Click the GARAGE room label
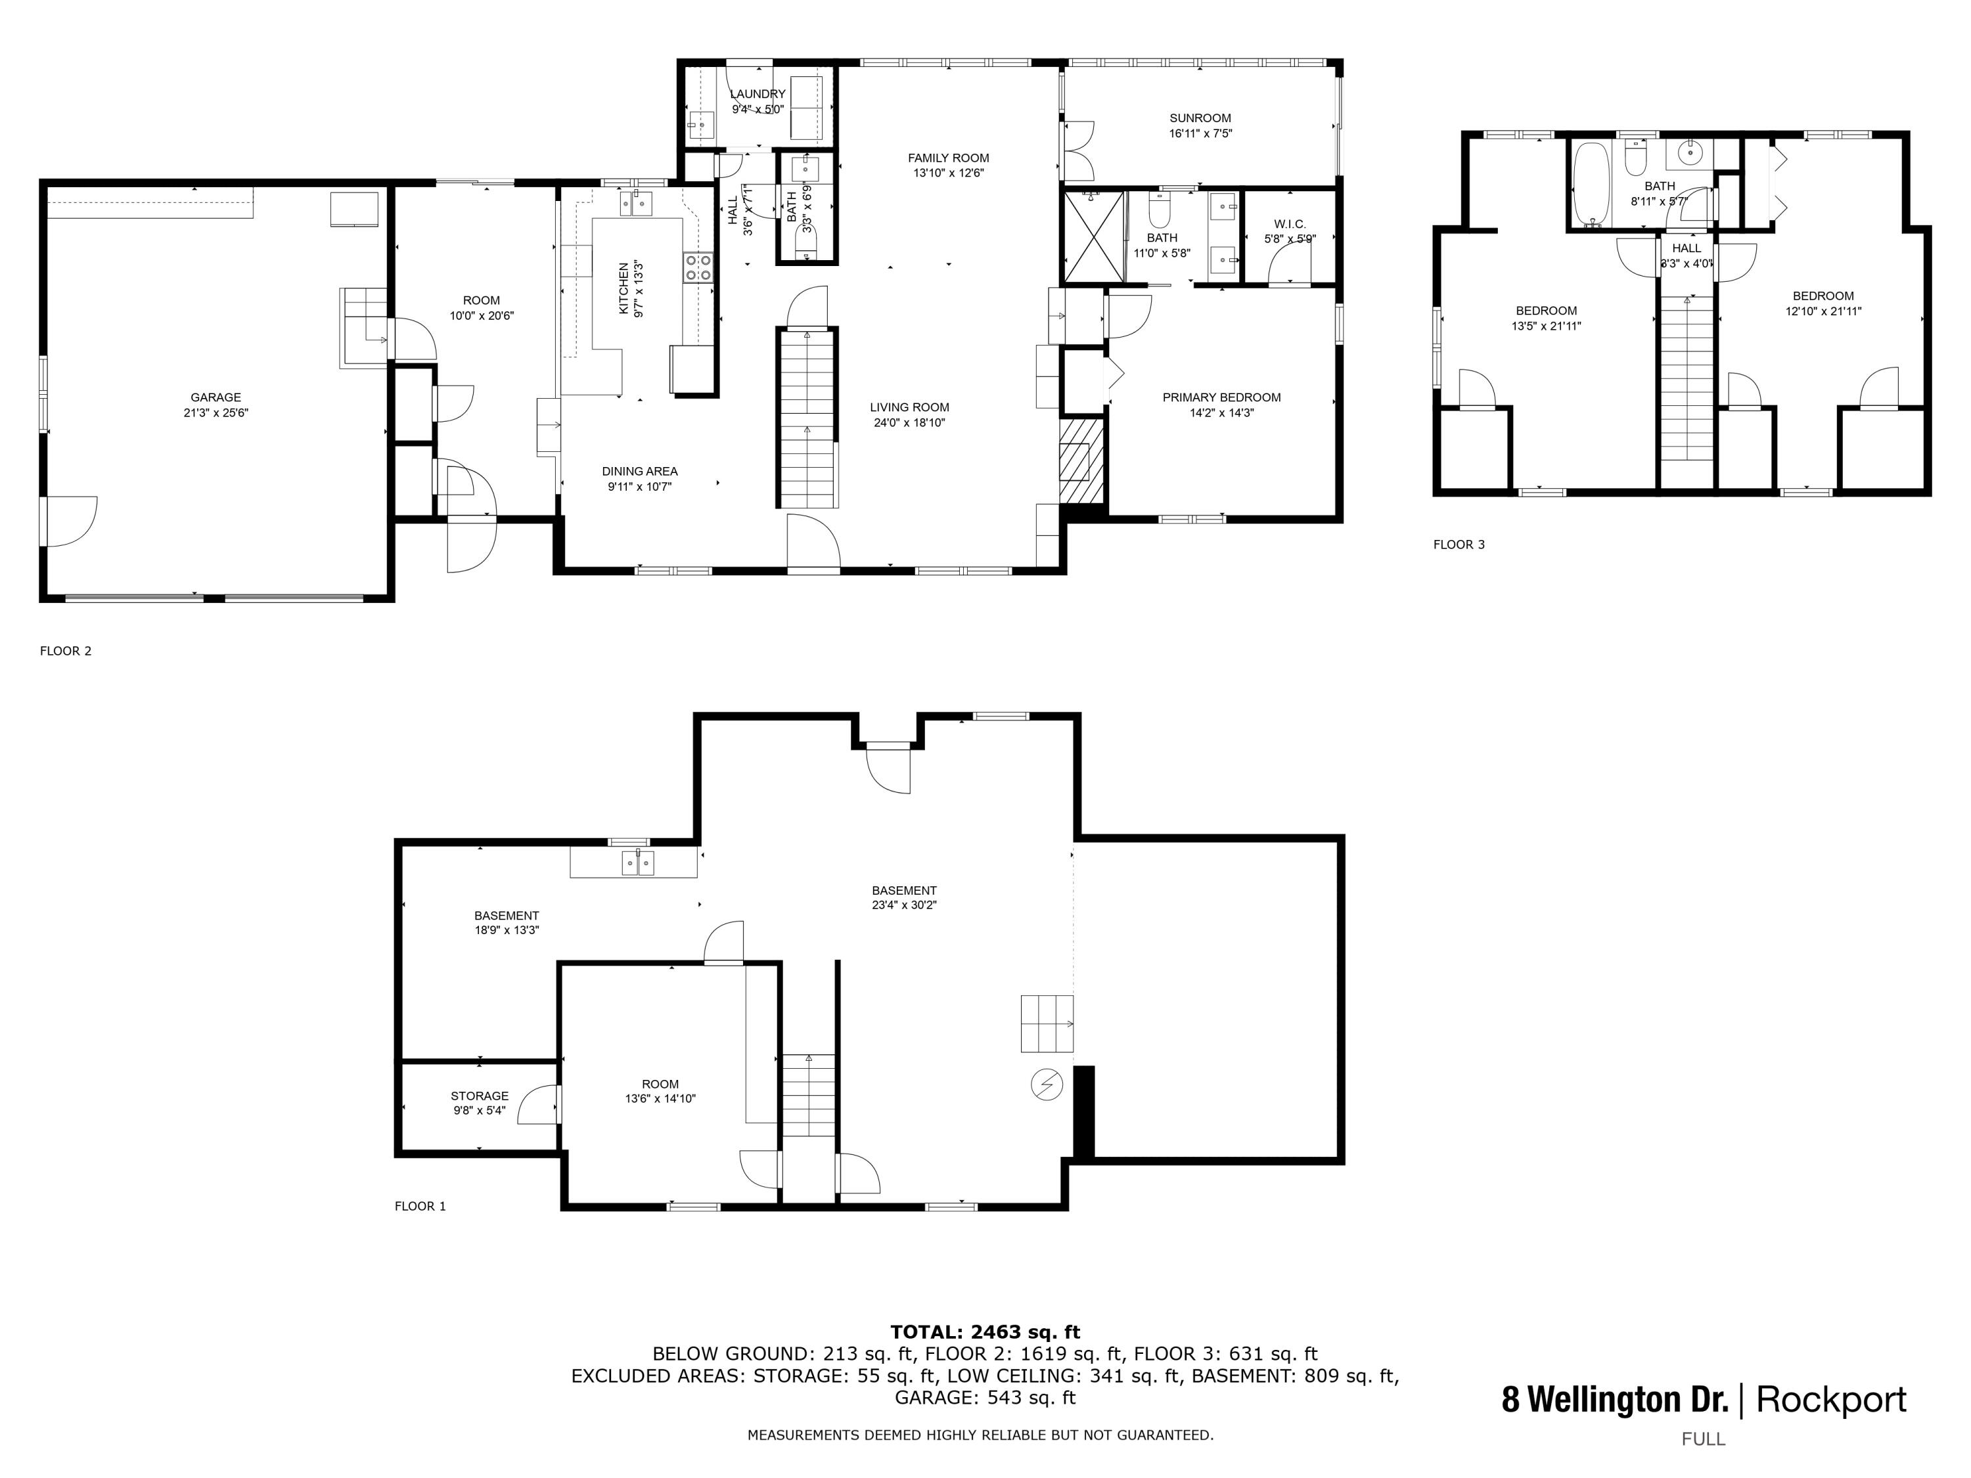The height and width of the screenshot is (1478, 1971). pyautogui.click(x=215, y=397)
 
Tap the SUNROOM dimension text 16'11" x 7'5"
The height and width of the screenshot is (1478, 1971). pyautogui.click(x=1200, y=133)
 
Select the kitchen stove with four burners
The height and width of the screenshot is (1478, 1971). pyautogui.click(x=698, y=268)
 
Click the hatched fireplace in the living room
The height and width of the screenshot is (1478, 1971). pyautogui.click(x=1081, y=460)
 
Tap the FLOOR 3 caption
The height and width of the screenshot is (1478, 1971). pyautogui.click(x=1459, y=545)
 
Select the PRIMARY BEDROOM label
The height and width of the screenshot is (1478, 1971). pyautogui.click(x=1221, y=397)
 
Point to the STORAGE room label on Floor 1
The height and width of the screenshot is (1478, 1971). pyautogui.click(x=480, y=1096)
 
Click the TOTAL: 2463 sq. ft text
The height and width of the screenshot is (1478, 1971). pyautogui.click(x=985, y=1332)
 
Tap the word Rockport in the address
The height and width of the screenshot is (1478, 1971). pyautogui.click(x=1831, y=1400)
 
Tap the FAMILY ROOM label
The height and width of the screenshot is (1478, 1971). pyautogui.click(x=948, y=158)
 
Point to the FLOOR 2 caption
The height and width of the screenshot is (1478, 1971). pyautogui.click(x=66, y=650)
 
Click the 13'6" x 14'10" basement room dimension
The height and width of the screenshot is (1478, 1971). pyautogui.click(x=660, y=1098)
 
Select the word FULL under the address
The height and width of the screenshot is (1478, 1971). pyautogui.click(x=1703, y=1439)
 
